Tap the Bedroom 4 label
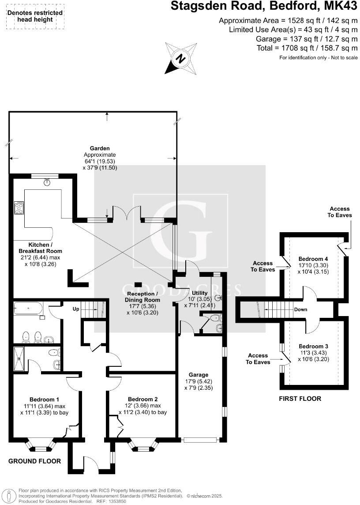313,259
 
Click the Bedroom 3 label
313,346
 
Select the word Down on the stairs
301,309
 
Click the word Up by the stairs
76,309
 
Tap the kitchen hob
19,207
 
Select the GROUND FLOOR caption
34,461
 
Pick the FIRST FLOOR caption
300,399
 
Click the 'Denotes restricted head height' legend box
35,16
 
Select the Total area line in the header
307,48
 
